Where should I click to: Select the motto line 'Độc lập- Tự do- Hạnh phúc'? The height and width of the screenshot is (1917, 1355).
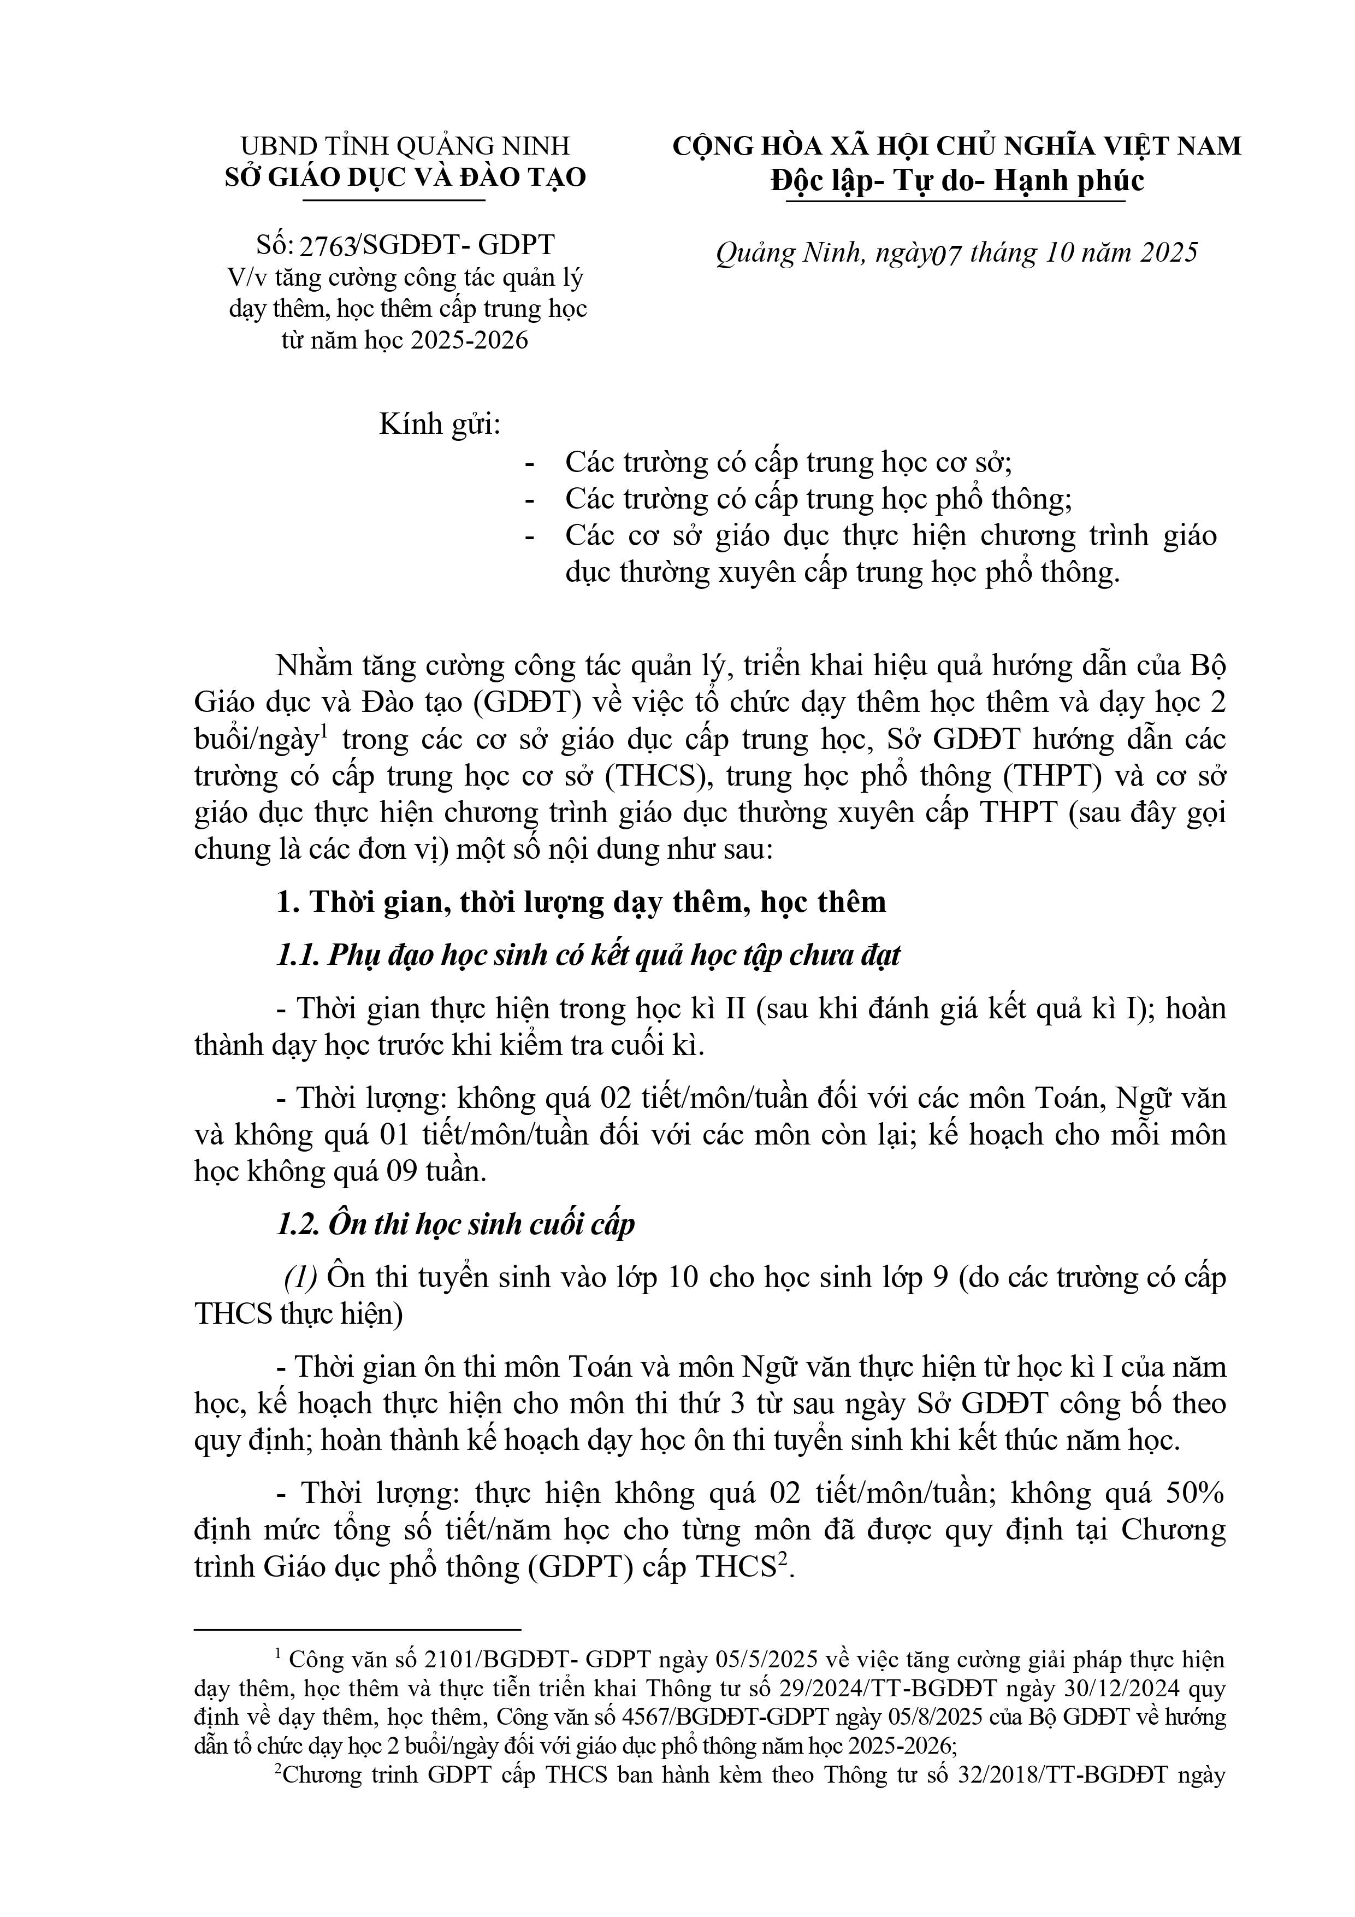(957, 180)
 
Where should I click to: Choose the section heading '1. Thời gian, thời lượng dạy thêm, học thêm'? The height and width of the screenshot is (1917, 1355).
(581, 902)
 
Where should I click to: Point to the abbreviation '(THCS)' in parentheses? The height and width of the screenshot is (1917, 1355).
(658, 776)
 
